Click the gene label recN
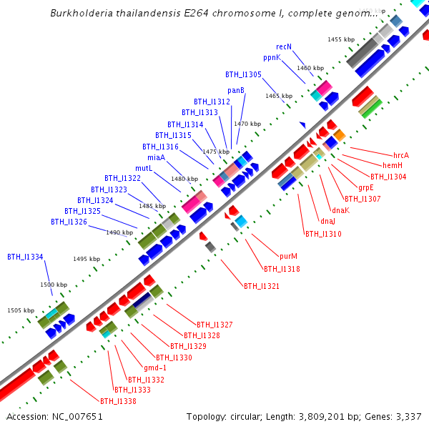284,46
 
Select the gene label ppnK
272,57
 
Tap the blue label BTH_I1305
243,74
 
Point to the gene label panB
236,90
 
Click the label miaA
156,157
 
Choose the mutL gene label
144,168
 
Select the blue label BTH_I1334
25,257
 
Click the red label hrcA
401,155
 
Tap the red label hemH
393,166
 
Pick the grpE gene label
366,187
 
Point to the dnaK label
340,210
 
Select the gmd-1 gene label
166,368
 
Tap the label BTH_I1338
118,401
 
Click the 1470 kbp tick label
247,124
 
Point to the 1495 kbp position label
86,259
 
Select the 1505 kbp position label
21,310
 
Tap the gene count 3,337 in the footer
408,416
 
